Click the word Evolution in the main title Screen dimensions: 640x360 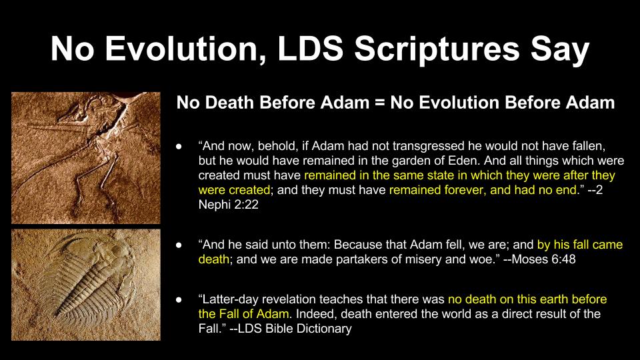(185, 49)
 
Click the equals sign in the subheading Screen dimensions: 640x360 (379, 103)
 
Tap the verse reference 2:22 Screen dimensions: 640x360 (246, 204)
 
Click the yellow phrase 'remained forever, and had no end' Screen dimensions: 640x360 (483, 190)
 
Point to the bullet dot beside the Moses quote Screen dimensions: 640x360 (179, 245)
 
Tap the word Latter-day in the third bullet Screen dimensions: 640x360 (230, 299)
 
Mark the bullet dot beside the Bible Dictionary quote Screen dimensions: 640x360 (179, 299)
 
